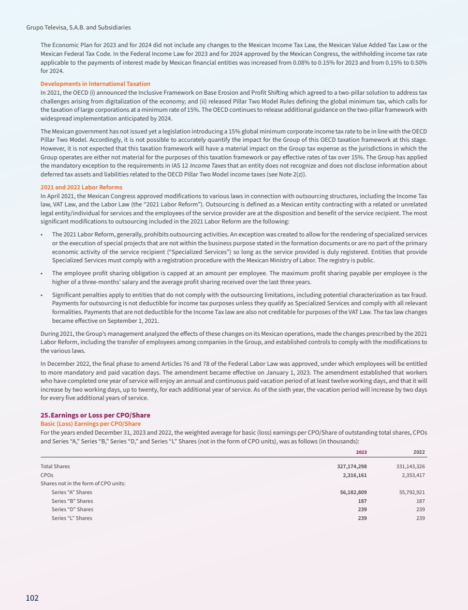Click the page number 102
[x=32, y=598]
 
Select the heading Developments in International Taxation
[x=95, y=84]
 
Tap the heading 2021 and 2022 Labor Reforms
[x=81, y=187]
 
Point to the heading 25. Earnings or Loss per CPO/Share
[x=95, y=415]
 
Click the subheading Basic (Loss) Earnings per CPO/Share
[x=91, y=424]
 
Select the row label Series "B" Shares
[x=72, y=501]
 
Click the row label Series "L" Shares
[x=72, y=518]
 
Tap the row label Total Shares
[x=55, y=466]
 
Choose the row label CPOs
[x=47, y=474]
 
